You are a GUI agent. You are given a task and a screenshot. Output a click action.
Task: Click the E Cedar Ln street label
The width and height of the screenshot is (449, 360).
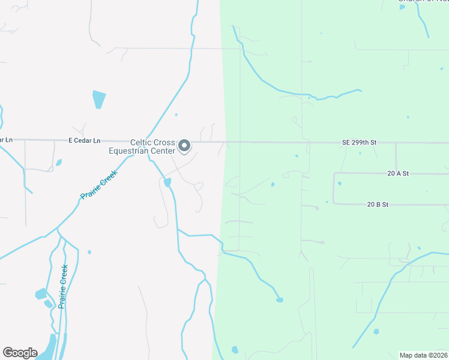pyautogui.click(x=83, y=140)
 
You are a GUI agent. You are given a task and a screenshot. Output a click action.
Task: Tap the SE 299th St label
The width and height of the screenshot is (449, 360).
pyautogui.click(x=359, y=142)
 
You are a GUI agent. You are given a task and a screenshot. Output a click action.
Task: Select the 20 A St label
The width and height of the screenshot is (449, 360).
pyautogui.click(x=398, y=173)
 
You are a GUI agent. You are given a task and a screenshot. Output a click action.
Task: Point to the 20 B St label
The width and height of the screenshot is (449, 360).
pyautogui.click(x=378, y=205)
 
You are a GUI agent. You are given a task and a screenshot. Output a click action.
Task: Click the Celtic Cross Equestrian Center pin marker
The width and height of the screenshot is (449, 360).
pyautogui.click(x=185, y=146)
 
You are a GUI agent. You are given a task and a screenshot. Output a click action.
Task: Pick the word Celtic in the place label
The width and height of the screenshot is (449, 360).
pyautogui.click(x=142, y=143)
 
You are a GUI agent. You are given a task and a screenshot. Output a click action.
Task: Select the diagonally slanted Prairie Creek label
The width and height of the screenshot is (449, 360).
pyautogui.click(x=98, y=184)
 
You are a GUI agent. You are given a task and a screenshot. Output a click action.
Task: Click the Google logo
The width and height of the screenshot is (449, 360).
pyautogui.click(x=20, y=353)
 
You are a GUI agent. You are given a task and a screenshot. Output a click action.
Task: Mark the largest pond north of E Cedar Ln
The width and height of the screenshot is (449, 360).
pyautogui.click(x=98, y=99)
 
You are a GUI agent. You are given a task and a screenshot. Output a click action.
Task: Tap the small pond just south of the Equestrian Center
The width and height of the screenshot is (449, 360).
pyautogui.click(x=167, y=182)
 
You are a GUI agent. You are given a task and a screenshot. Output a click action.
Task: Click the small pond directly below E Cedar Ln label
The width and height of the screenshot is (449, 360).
pyautogui.click(x=59, y=163)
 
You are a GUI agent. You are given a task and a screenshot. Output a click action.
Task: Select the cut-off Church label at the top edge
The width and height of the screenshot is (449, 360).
pyautogui.click(x=423, y=1)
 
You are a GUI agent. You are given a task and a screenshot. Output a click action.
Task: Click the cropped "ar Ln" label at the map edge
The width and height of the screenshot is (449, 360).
pyautogui.click(x=6, y=140)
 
